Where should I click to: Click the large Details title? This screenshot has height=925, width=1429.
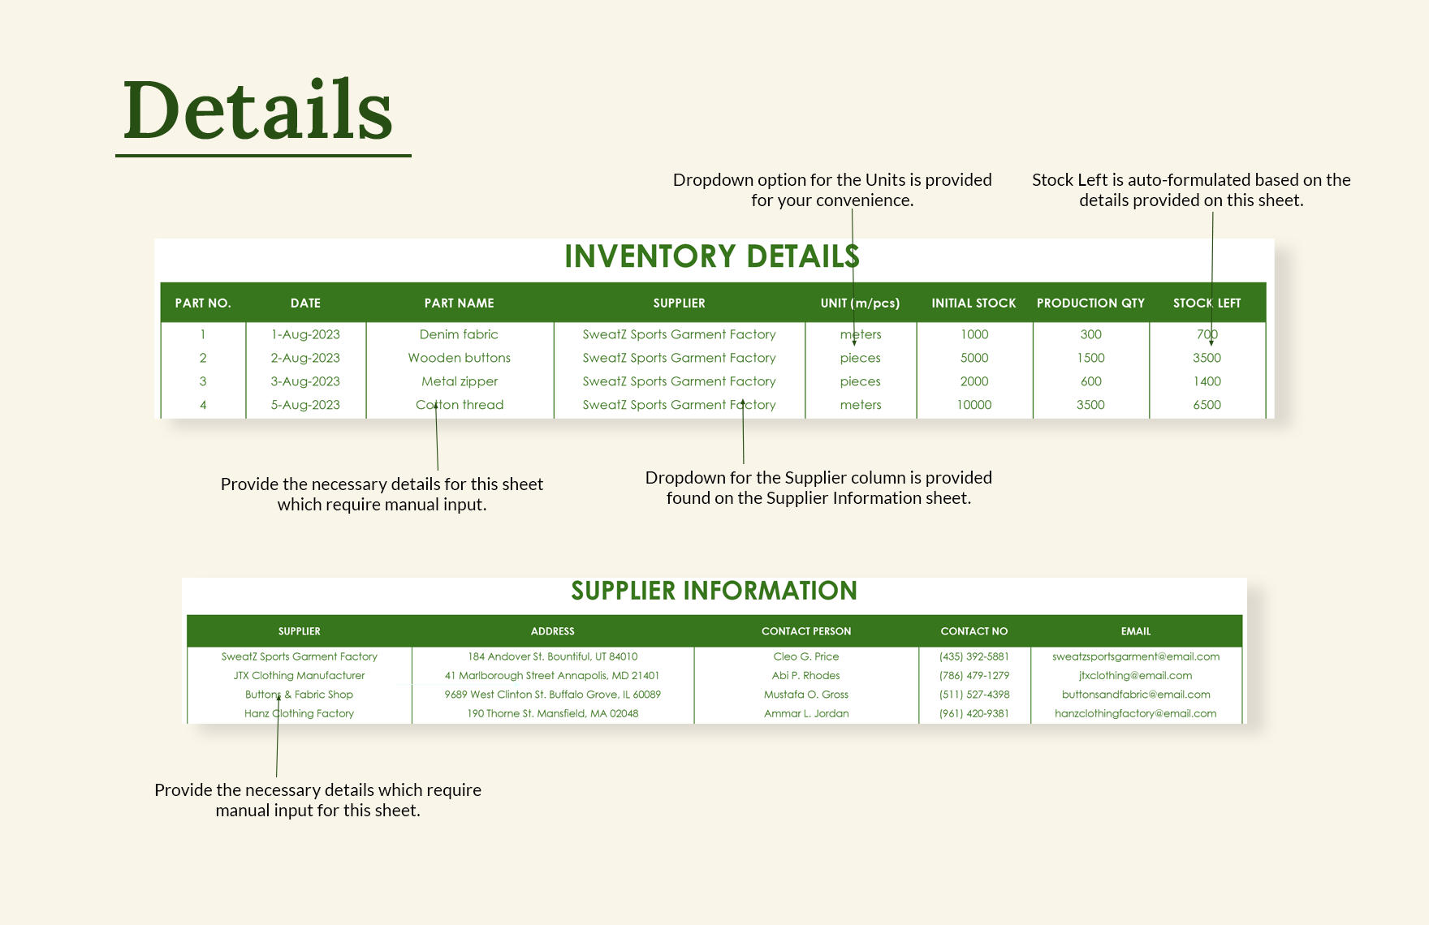(x=258, y=110)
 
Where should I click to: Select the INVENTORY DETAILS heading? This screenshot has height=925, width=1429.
(x=711, y=256)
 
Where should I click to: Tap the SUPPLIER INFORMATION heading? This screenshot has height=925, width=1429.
(x=714, y=591)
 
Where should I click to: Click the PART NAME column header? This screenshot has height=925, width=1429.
(x=459, y=303)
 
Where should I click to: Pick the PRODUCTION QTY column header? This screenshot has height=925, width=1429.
(x=1090, y=303)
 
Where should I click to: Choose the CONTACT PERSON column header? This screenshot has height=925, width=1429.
(x=806, y=631)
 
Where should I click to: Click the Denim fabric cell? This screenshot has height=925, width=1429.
(x=459, y=334)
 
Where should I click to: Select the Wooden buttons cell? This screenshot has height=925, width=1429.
(x=459, y=358)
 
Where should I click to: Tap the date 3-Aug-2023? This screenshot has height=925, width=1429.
(x=305, y=381)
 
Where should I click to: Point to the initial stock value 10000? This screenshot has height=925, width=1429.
(x=974, y=405)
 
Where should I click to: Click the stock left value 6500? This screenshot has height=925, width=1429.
(x=1207, y=405)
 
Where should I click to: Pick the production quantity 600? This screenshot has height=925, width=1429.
(x=1090, y=381)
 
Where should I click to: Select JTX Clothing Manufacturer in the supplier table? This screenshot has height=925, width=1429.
(x=299, y=675)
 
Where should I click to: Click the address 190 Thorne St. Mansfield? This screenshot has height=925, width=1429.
(x=552, y=713)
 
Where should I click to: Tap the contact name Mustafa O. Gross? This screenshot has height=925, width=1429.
(x=806, y=695)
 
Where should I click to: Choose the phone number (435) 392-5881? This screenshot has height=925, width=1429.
(x=974, y=656)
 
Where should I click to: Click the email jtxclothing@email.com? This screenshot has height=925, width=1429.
(x=1135, y=675)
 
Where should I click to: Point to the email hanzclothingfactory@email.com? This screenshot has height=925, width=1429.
(x=1135, y=713)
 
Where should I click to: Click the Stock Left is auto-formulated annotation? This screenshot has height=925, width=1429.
(x=1191, y=190)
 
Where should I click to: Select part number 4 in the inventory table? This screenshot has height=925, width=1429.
(x=203, y=405)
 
